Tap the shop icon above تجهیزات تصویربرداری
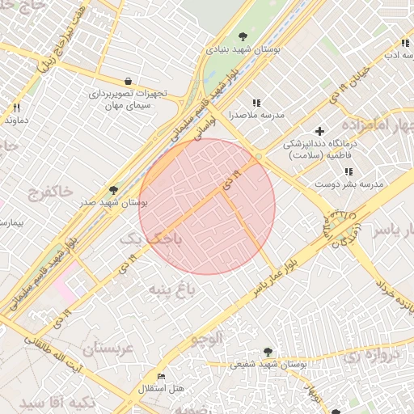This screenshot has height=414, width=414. pyautogui.click(x=129, y=81)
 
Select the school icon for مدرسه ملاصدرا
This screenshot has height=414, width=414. pyautogui.click(x=256, y=103)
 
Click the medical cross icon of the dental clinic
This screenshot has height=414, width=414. pyautogui.click(x=320, y=130)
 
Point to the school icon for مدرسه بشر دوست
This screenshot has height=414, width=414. pyautogui.click(x=349, y=171)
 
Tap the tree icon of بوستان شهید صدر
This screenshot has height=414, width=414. pyautogui.click(x=113, y=190)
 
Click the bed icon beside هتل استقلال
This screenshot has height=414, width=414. pyautogui.click(x=161, y=377)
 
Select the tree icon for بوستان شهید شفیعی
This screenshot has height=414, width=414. pyautogui.click(x=268, y=352)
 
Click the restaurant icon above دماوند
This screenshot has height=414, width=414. pyautogui.click(x=15, y=108)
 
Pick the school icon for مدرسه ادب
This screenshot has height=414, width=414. pyautogui.click(x=405, y=43)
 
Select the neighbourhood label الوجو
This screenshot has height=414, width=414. pyautogui.click(x=205, y=340)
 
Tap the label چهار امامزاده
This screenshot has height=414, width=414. pyautogui.click(x=377, y=126)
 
